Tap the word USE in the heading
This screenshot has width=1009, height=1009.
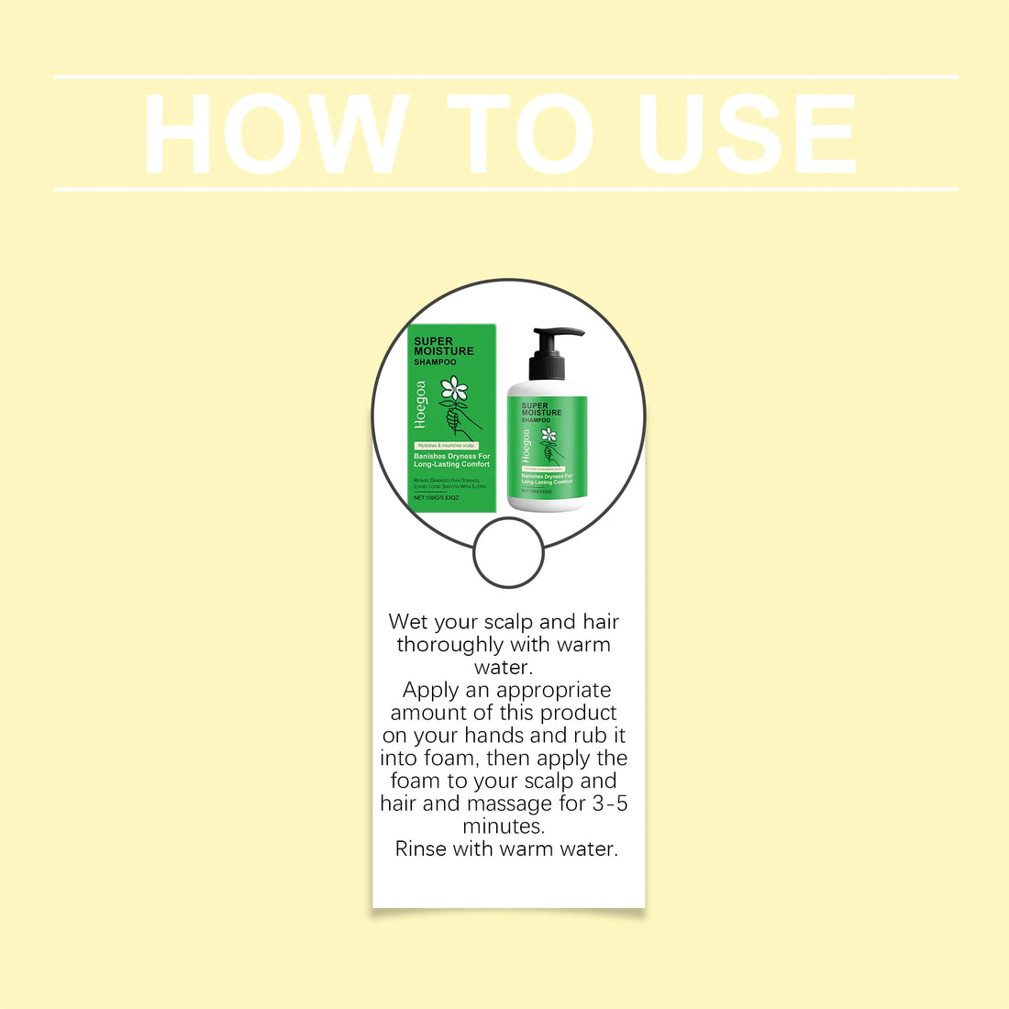point(748,134)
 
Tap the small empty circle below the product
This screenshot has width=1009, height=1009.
point(508,552)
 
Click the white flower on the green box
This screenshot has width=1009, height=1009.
point(453,389)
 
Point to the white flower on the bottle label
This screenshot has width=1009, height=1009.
point(549,435)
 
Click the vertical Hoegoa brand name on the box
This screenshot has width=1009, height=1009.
point(421,405)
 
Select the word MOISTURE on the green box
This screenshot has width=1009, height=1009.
point(444,351)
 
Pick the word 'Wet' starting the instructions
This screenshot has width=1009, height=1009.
point(408,622)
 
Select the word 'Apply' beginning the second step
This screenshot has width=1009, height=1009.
point(430,690)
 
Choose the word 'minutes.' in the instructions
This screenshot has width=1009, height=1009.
point(504,826)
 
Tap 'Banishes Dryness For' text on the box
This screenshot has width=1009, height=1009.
point(451,456)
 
